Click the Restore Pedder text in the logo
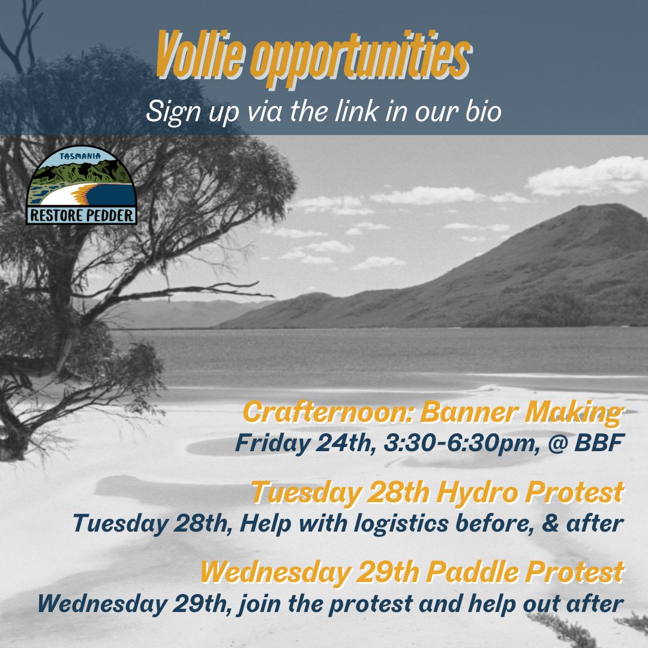pyautogui.click(x=81, y=215)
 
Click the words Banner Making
pyautogui.click(x=521, y=413)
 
